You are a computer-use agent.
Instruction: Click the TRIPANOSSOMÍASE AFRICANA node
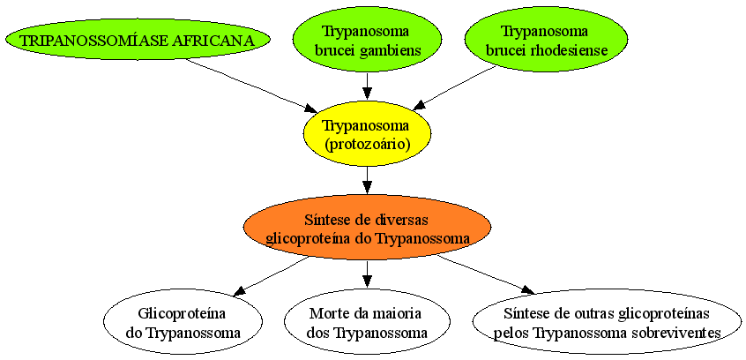point(138,40)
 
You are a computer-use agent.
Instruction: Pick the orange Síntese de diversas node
point(367,228)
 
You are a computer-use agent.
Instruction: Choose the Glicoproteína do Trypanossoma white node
point(183,322)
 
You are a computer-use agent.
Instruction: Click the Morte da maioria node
point(367,322)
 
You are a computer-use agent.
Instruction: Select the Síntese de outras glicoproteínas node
point(607,322)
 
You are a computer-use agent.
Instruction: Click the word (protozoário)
point(367,143)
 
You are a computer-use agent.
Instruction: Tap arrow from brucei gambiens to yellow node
point(367,86)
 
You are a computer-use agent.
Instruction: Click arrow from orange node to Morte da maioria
point(367,274)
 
